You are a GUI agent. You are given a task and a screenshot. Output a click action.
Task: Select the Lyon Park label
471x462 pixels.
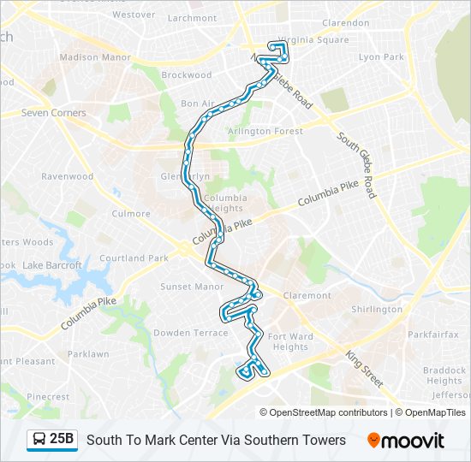tap(381, 57)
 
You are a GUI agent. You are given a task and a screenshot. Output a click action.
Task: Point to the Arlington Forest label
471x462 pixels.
tap(265, 131)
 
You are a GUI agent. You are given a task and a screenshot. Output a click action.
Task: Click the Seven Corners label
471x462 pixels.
tap(54, 113)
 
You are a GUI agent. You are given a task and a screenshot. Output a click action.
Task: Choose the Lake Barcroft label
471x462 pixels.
tap(52, 265)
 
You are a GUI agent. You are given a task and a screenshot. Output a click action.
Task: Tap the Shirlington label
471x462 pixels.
tap(377, 310)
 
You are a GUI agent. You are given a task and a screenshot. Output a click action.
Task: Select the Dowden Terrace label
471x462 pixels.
tap(190, 333)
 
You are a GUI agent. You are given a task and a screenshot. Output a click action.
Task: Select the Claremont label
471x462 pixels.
tap(307, 296)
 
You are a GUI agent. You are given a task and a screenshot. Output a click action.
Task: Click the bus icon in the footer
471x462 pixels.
tap(39, 440)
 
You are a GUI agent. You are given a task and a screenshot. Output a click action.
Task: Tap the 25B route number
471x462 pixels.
tap(62, 440)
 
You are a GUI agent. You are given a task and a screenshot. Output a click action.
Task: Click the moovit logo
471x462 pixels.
tap(406, 441)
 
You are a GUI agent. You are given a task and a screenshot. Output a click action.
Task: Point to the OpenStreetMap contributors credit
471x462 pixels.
tap(326, 412)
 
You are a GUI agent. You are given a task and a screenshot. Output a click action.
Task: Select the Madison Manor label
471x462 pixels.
tap(95, 57)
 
